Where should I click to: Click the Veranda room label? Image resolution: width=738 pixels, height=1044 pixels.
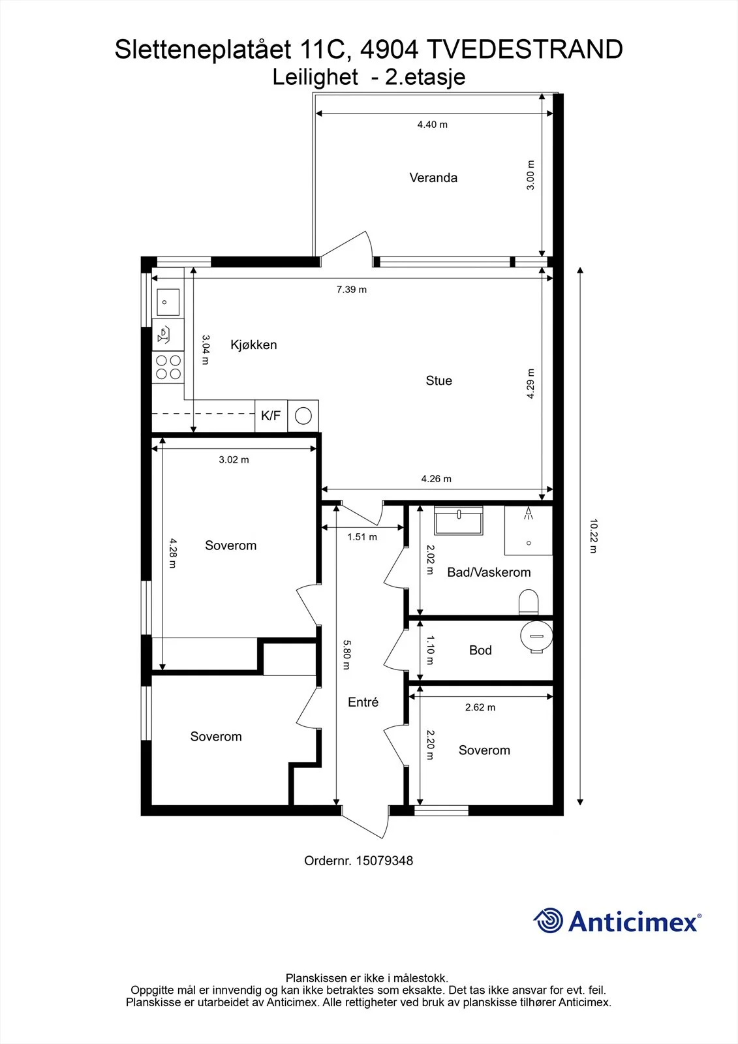[x=433, y=177]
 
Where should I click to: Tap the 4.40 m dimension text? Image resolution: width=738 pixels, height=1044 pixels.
[x=432, y=125]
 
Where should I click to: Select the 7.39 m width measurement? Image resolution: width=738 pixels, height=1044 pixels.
[x=352, y=290]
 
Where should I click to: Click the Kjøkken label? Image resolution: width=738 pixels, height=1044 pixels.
[x=254, y=345]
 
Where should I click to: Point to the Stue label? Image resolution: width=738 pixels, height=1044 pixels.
[x=438, y=381]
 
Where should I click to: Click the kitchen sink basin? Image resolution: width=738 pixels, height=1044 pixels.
[x=168, y=302]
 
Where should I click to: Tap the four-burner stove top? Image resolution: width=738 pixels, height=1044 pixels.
[x=168, y=367]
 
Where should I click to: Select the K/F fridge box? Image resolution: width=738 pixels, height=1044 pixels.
[x=271, y=415]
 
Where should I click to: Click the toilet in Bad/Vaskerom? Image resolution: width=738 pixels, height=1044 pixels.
[x=528, y=603]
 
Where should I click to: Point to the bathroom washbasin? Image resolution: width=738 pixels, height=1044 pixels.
[x=458, y=520]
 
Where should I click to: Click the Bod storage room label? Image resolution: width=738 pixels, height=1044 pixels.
[x=480, y=650]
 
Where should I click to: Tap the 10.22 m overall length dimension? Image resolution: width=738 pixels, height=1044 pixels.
[x=593, y=536]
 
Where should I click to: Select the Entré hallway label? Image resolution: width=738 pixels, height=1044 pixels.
[x=363, y=702]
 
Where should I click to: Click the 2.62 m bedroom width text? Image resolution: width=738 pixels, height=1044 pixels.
[x=480, y=707]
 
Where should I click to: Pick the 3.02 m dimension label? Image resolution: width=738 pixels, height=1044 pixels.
[x=234, y=459]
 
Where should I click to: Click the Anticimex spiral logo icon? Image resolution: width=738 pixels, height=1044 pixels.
[x=548, y=920]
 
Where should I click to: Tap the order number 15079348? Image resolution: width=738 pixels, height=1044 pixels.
[x=384, y=861]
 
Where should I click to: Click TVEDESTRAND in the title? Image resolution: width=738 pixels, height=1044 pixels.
[x=525, y=50]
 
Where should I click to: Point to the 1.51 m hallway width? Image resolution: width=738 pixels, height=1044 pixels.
[x=362, y=537]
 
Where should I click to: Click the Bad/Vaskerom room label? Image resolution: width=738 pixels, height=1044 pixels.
[x=489, y=572]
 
